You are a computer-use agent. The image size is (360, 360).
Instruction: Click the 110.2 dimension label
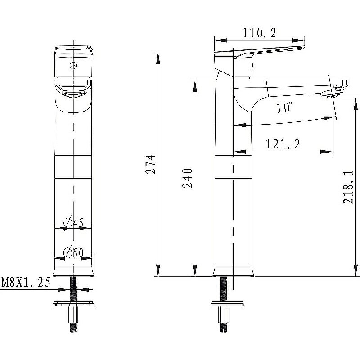(x=259, y=33)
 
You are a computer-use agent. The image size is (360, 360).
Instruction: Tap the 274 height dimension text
(x=151, y=164)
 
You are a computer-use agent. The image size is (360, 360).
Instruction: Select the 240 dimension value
(x=188, y=178)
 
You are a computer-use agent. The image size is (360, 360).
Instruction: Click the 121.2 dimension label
(x=283, y=144)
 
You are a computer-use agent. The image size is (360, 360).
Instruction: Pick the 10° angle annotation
(x=284, y=107)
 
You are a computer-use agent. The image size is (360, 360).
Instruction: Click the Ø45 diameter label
(x=73, y=222)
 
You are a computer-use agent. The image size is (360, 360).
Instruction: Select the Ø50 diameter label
(x=73, y=252)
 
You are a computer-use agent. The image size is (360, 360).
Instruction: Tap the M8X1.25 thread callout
(x=26, y=282)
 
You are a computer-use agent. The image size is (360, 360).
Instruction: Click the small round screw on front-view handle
(x=73, y=66)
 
